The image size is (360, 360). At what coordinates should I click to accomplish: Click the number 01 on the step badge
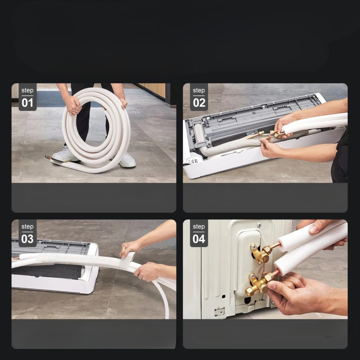click(27, 103)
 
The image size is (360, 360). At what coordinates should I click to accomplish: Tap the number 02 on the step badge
click(199, 103)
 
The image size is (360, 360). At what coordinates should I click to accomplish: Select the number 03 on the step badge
click(27, 239)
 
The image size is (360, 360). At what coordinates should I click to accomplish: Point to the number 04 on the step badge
click(199, 239)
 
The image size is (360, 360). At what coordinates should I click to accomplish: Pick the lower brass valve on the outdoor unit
click(258, 284)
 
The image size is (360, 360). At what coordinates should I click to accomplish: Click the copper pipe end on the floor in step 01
click(48, 157)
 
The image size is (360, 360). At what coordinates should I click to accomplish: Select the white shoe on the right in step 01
click(127, 161)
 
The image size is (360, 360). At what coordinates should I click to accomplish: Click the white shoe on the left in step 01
click(65, 154)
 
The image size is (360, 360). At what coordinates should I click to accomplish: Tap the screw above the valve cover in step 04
click(259, 225)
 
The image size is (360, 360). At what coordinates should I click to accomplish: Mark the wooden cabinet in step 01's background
click(153, 90)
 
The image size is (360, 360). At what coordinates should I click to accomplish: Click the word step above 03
click(27, 227)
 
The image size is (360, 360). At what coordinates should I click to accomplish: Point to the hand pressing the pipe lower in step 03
click(147, 272)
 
